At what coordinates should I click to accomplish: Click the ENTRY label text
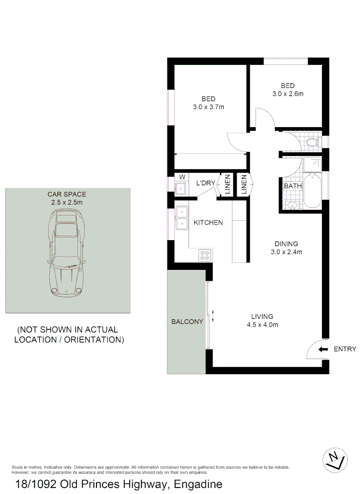tap(345, 349)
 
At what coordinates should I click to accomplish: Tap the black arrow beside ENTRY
tap(323, 349)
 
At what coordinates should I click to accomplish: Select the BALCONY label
tap(187, 322)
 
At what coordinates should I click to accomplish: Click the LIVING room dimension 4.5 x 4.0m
tap(262, 325)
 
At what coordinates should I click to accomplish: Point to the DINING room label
tap(286, 244)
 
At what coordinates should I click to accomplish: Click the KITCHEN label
tap(208, 223)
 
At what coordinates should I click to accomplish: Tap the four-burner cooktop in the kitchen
tap(204, 255)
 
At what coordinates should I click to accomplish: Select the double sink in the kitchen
tap(182, 217)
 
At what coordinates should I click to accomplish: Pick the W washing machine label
tap(182, 177)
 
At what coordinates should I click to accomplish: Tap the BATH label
tap(293, 186)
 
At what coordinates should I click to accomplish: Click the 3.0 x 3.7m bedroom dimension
tap(208, 107)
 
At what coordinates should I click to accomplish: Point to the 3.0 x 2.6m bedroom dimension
tap(288, 94)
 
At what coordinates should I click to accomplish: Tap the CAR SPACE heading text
tap(67, 194)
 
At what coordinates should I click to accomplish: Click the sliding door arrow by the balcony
tap(213, 316)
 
